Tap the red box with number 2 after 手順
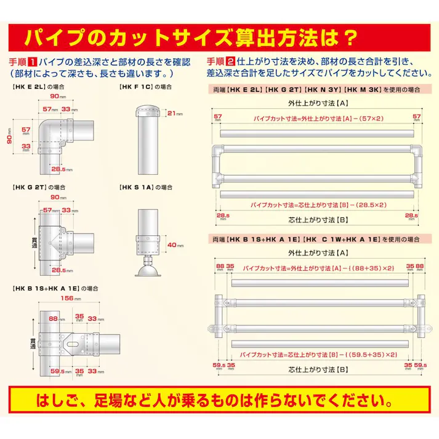coord(230,62)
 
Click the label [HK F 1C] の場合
coord(145,87)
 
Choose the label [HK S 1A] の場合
coord(145,187)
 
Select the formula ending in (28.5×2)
coord(318,204)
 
